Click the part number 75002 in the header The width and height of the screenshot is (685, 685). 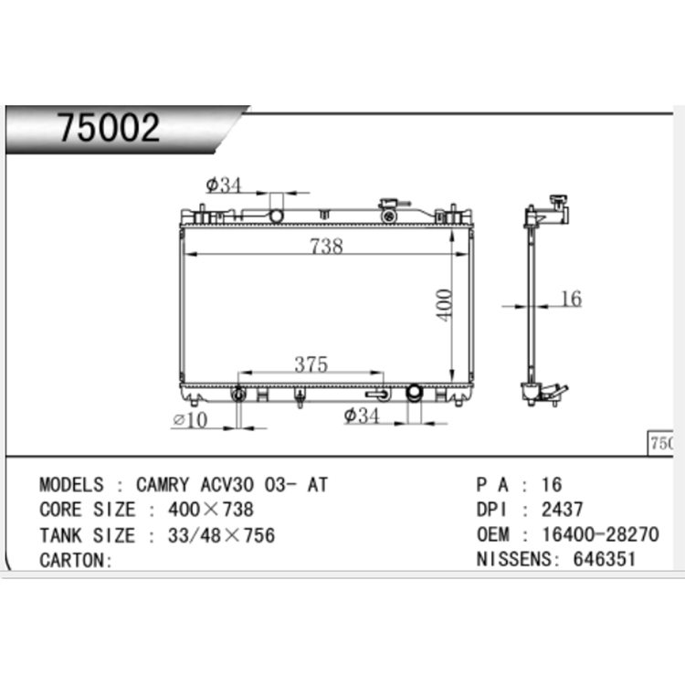[x=109, y=127]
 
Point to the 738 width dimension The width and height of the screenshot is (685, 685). [x=326, y=246]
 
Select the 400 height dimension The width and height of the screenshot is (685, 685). [x=444, y=305]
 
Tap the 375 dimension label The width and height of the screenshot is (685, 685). [x=311, y=364]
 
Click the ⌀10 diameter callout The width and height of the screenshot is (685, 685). [x=190, y=420]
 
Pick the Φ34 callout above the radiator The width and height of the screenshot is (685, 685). [x=224, y=185]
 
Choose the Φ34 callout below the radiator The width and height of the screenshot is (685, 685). [x=362, y=416]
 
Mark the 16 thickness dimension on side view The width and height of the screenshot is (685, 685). [x=571, y=299]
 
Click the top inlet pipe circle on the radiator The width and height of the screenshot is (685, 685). [x=276, y=216]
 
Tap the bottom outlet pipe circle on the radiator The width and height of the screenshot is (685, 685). [x=414, y=393]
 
